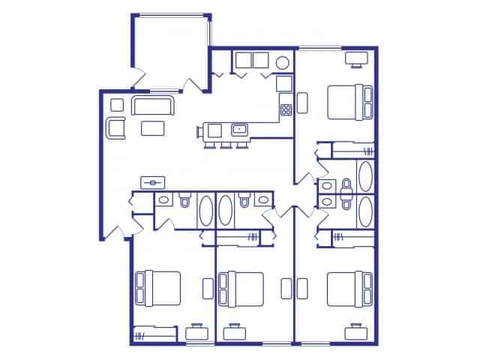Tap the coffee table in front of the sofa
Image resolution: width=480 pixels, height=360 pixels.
(154, 127)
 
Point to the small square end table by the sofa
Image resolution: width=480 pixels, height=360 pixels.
(116, 104)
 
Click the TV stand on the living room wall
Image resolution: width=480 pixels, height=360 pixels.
(153, 181)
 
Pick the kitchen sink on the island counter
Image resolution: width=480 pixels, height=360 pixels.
(240, 130)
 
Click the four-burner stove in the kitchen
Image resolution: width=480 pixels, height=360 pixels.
(286, 109)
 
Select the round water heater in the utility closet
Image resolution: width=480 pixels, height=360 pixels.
(283, 63)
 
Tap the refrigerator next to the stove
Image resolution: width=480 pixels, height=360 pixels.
(284, 83)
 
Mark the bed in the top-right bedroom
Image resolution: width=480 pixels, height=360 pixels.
(349, 102)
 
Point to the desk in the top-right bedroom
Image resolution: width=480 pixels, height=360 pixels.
(355, 58)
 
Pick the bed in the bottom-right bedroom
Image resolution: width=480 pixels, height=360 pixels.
(349, 287)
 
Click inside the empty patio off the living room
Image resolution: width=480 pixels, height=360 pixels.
(171, 49)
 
